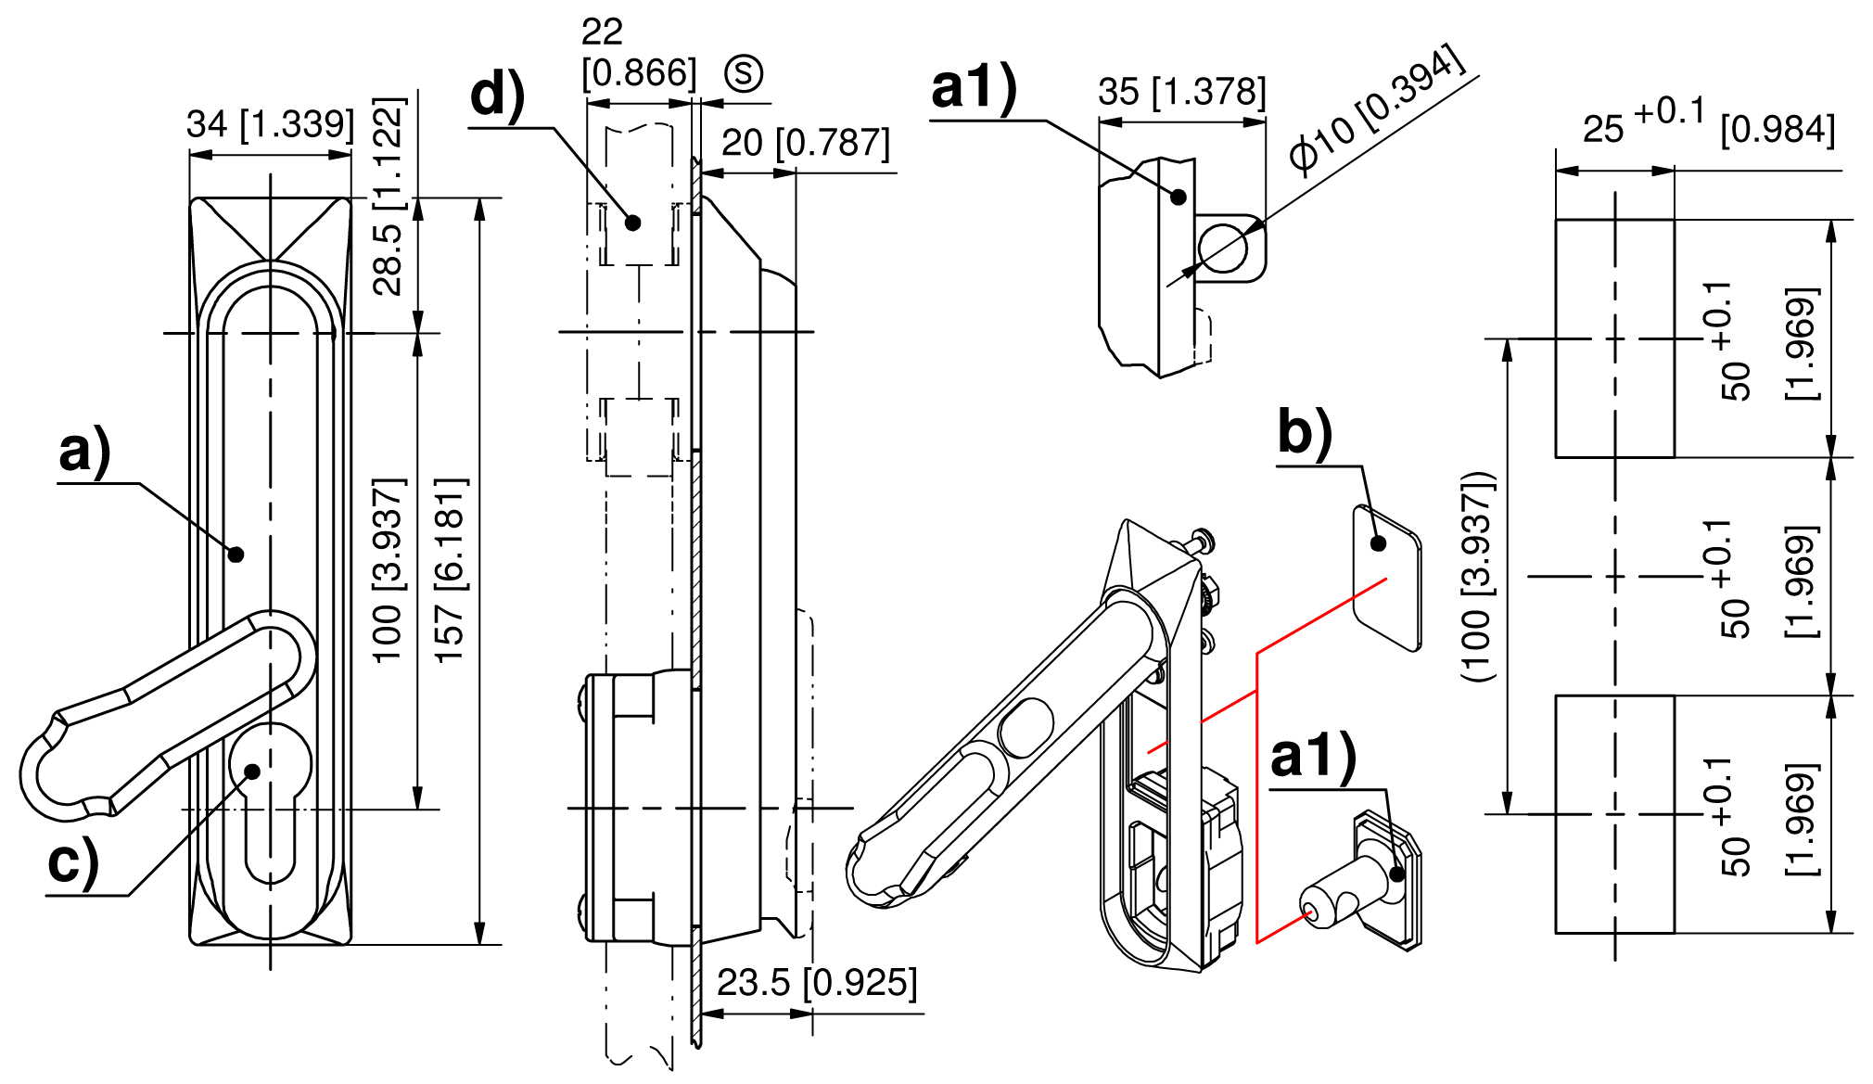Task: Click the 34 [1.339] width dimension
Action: point(270,124)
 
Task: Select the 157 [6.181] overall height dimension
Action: point(451,570)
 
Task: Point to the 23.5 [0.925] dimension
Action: point(817,983)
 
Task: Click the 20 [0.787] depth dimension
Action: point(805,144)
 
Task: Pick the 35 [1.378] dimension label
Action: point(1181,92)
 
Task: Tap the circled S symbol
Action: point(744,73)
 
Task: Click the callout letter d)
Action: point(497,96)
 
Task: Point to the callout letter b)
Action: point(1305,432)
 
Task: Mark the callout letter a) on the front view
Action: point(84,452)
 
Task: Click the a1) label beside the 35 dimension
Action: point(974,88)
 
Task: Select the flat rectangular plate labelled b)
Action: point(1387,578)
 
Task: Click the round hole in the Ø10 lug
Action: point(1223,248)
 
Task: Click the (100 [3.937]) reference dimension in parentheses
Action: point(1478,577)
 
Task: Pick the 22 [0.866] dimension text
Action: point(638,53)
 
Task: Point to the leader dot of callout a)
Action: point(236,555)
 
